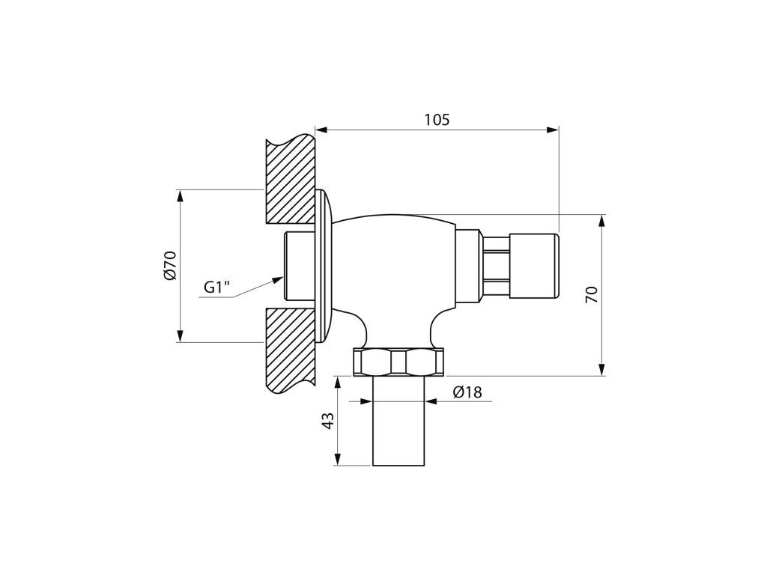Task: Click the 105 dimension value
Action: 437,119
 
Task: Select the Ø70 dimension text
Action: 170,266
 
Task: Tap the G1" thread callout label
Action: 216,287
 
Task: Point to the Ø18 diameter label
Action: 467,392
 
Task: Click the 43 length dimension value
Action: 330,421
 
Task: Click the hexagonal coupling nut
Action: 398,362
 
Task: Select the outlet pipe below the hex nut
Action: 398,421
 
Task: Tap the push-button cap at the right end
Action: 534,266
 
